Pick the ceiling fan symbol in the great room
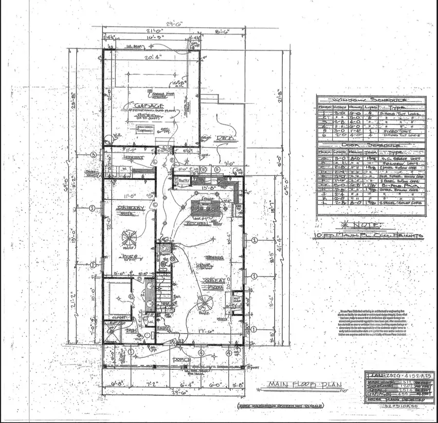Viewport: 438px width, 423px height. point(202,305)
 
